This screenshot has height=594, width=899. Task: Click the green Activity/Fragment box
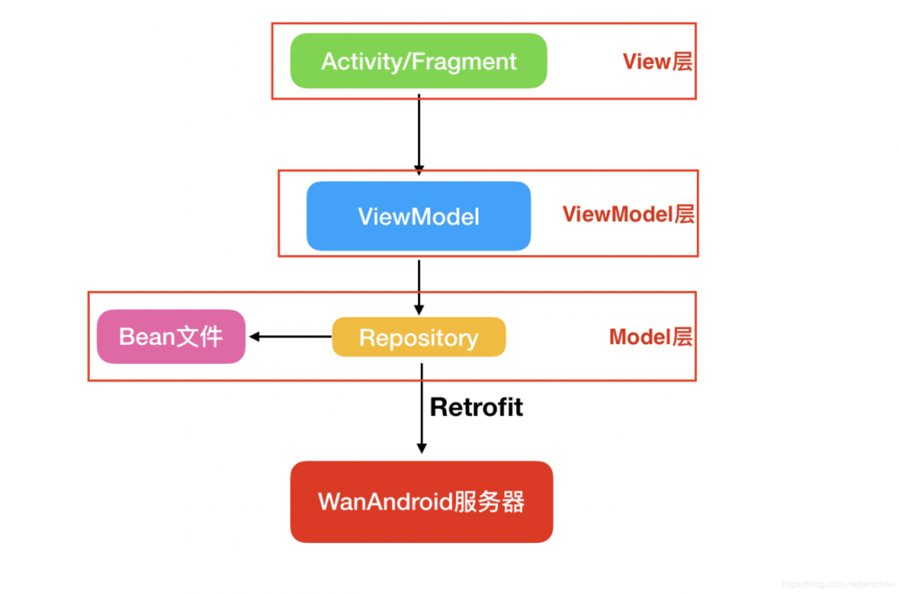418,61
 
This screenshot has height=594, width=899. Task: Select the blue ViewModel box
418,216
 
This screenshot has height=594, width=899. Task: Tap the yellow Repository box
419,338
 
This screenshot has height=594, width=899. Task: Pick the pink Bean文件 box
171,337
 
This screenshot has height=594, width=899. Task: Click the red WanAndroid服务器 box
421,501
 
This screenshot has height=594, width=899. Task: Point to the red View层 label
658,61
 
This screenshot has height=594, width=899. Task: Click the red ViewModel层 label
628,215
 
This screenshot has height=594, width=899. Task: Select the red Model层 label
651,338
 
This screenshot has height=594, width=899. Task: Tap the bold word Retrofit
476,407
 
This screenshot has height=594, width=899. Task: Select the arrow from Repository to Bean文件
292,337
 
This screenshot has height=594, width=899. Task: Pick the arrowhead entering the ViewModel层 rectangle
418,168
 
